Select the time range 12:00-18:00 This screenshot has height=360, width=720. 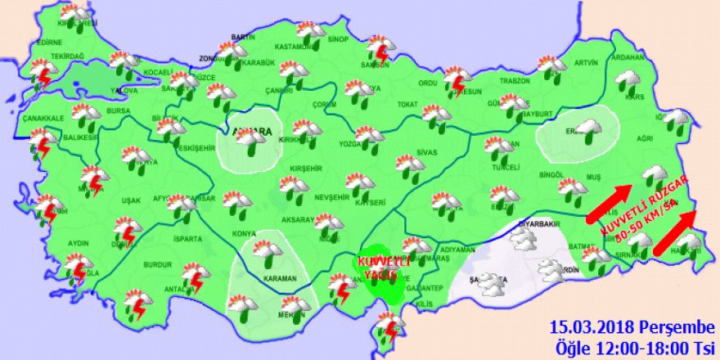[638, 346]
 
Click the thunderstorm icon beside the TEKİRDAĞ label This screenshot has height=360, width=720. [41, 73]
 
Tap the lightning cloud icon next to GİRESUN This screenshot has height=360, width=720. [457, 83]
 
